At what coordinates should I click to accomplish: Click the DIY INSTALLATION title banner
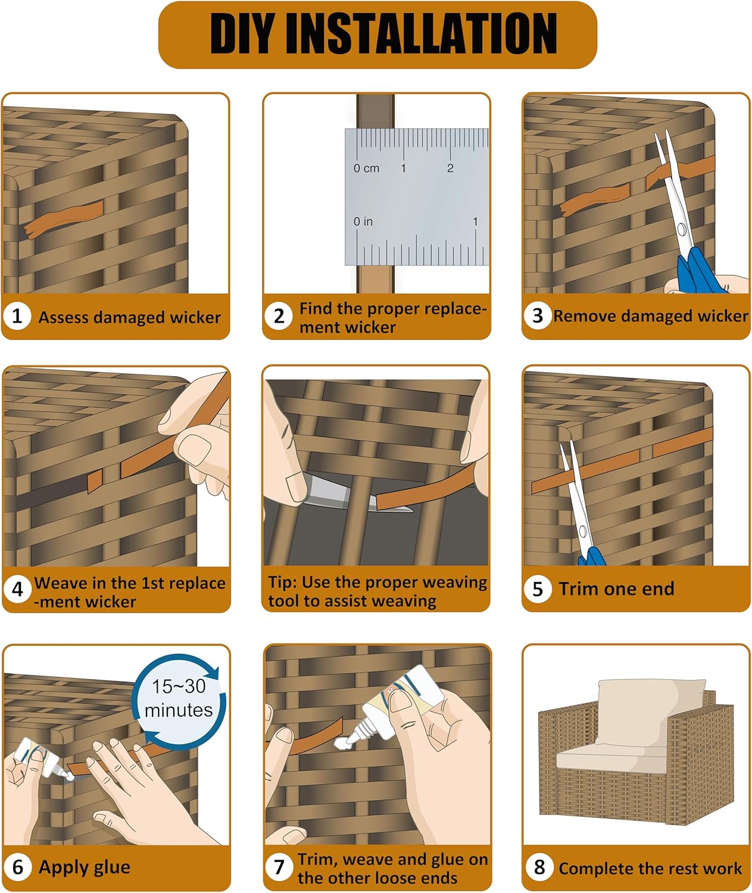[377, 35]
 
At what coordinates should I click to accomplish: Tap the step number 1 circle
[17, 316]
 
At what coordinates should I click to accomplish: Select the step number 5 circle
[538, 589]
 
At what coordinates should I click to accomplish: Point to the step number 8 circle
[539, 867]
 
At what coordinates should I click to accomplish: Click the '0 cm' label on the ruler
[366, 168]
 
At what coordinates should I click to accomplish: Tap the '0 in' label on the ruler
[363, 221]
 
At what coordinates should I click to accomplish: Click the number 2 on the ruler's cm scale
[450, 168]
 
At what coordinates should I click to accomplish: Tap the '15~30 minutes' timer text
[179, 698]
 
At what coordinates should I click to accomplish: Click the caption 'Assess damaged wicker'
[129, 317]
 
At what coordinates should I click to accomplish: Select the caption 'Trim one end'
[616, 589]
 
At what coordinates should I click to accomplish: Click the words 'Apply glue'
[85, 867]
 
